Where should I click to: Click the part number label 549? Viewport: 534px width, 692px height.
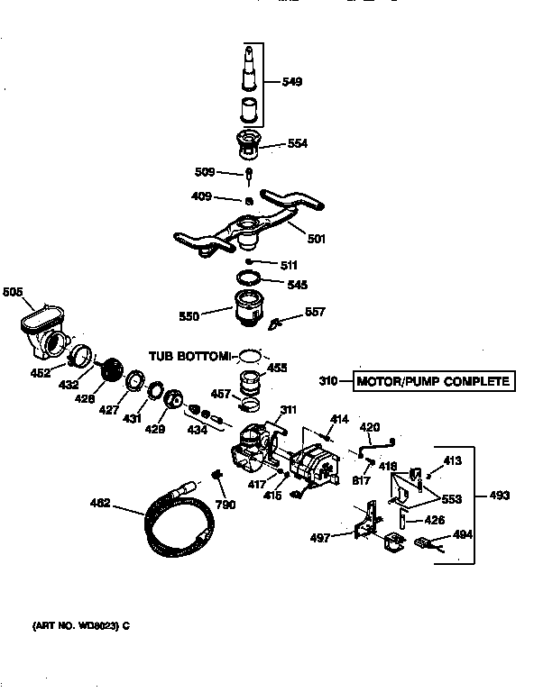click(291, 82)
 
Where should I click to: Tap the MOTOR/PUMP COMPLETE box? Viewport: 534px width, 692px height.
click(433, 381)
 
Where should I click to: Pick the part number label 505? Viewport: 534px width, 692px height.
click(14, 292)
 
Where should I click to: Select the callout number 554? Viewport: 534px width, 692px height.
click(298, 143)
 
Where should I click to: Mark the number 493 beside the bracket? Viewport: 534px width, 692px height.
click(499, 495)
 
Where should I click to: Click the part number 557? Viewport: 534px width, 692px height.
click(315, 312)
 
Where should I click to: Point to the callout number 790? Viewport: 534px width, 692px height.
click(226, 505)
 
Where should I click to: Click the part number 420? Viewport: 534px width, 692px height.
click(371, 426)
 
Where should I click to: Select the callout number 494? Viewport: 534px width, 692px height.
click(462, 534)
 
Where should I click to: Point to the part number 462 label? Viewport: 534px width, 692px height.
click(99, 503)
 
